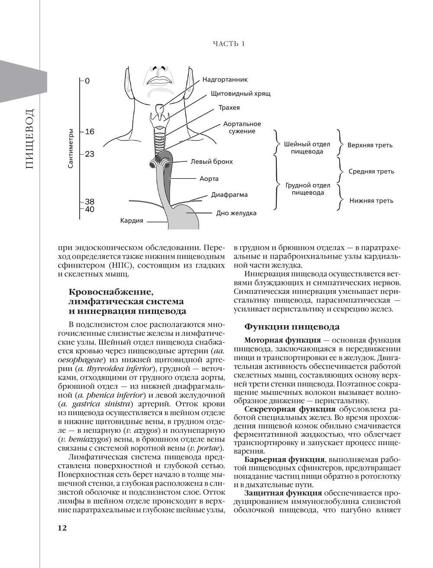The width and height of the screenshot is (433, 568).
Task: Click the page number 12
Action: (x=62, y=528)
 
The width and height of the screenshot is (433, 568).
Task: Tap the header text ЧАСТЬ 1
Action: (x=229, y=44)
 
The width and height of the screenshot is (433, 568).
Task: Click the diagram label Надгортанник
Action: (x=225, y=80)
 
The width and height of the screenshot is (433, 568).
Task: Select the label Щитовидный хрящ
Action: (x=240, y=94)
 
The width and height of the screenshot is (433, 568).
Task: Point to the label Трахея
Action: (x=229, y=107)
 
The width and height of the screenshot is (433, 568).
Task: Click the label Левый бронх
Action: (x=211, y=161)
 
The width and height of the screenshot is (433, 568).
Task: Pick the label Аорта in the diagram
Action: (x=209, y=179)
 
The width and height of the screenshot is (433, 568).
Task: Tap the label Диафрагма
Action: (x=229, y=195)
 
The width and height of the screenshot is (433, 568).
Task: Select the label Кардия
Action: (x=132, y=221)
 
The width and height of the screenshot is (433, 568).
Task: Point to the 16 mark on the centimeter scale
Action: (x=90, y=132)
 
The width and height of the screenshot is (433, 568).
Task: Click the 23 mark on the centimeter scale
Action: (x=90, y=154)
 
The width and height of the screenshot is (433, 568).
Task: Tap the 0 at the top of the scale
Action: (x=87, y=81)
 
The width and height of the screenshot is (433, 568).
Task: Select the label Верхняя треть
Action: (x=370, y=145)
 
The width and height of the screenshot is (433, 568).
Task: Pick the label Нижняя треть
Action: (x=371, y=201)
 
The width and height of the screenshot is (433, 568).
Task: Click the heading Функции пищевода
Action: (x=292, y=327)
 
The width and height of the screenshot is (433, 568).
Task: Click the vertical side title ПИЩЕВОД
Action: (x=29, y=139)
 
